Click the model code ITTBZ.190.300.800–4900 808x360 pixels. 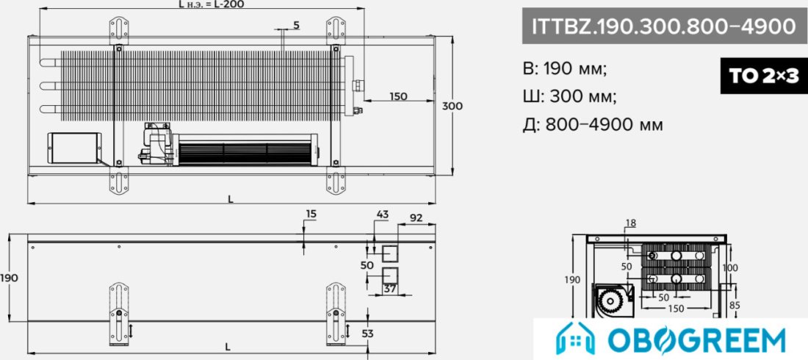[x=663, y=26]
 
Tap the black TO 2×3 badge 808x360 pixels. [x=764, y=77]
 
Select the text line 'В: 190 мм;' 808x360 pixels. [x=565, y=68]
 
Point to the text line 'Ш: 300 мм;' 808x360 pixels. [x=569, y=96]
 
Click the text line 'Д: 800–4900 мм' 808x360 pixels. [x=593, y=124]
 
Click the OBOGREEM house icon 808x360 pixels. [x=575, y=339]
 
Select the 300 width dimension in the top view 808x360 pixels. [x=452, y=106]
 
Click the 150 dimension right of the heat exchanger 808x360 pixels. [x=398, y=96]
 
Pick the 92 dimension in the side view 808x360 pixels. [x=416, y=217]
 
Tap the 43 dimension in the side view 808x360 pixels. [x=383, y=214]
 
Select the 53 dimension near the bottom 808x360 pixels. [x=367, y=334]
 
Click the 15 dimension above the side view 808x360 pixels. [x=311, y=213]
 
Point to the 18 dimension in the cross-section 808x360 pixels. [x=631, y=223]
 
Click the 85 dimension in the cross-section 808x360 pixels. [x=735, y=306]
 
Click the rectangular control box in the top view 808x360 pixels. [x=74, y=148]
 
